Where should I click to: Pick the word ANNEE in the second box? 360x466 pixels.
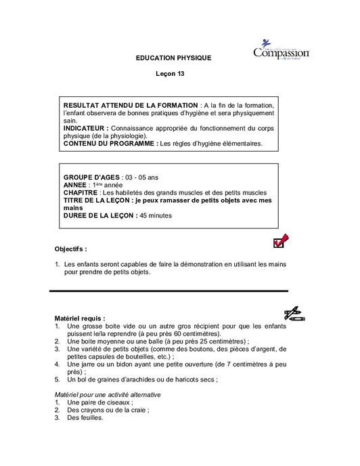click(x=74, y=184)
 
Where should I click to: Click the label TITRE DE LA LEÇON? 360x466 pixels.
click(x=97, y=200)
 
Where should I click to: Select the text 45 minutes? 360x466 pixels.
click(x=156, y=216)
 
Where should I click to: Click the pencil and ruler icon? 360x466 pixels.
click(x=295, y=312)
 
